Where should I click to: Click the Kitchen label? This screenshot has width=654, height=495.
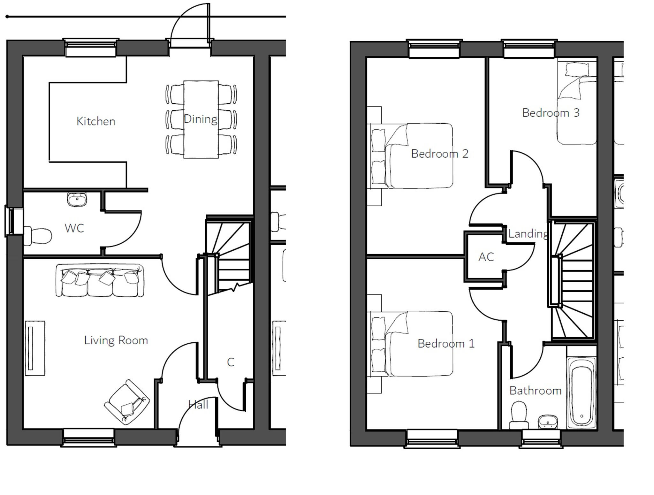point(96,121)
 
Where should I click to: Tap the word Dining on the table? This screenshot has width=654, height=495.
point(201,119)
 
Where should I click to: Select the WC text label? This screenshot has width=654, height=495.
point(74,228)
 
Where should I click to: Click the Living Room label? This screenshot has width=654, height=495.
point(116,340)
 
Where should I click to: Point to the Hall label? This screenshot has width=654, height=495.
point(198,405)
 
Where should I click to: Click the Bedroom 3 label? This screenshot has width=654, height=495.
point(551,113)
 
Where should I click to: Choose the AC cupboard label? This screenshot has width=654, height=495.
point(486,257)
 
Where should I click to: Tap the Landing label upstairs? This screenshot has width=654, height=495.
point(528,234)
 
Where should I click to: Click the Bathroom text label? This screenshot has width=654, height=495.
point(535,391)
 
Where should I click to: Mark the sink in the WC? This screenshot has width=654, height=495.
point(77,200)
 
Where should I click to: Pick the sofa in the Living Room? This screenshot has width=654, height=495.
point(100,280)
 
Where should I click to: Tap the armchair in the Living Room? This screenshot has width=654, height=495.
point(127,402)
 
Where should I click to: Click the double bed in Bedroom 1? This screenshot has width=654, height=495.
point(415,343)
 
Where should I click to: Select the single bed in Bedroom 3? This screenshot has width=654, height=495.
point(577,105)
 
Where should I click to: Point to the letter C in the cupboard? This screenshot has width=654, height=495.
point(231,362)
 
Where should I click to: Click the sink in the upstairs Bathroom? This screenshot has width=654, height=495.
point(548,422)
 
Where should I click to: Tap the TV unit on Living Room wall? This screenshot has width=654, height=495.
point(35,348)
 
